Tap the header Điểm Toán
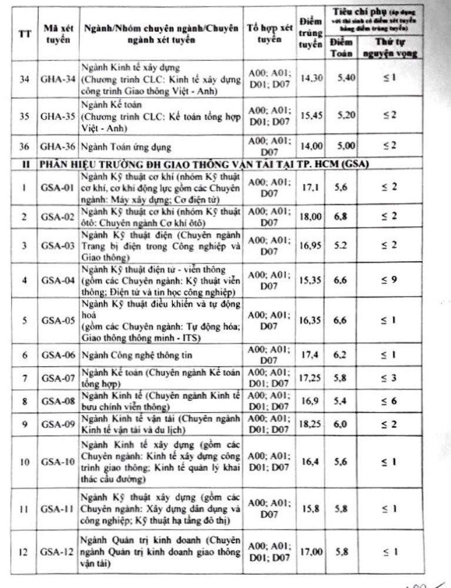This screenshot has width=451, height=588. (341, 48)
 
